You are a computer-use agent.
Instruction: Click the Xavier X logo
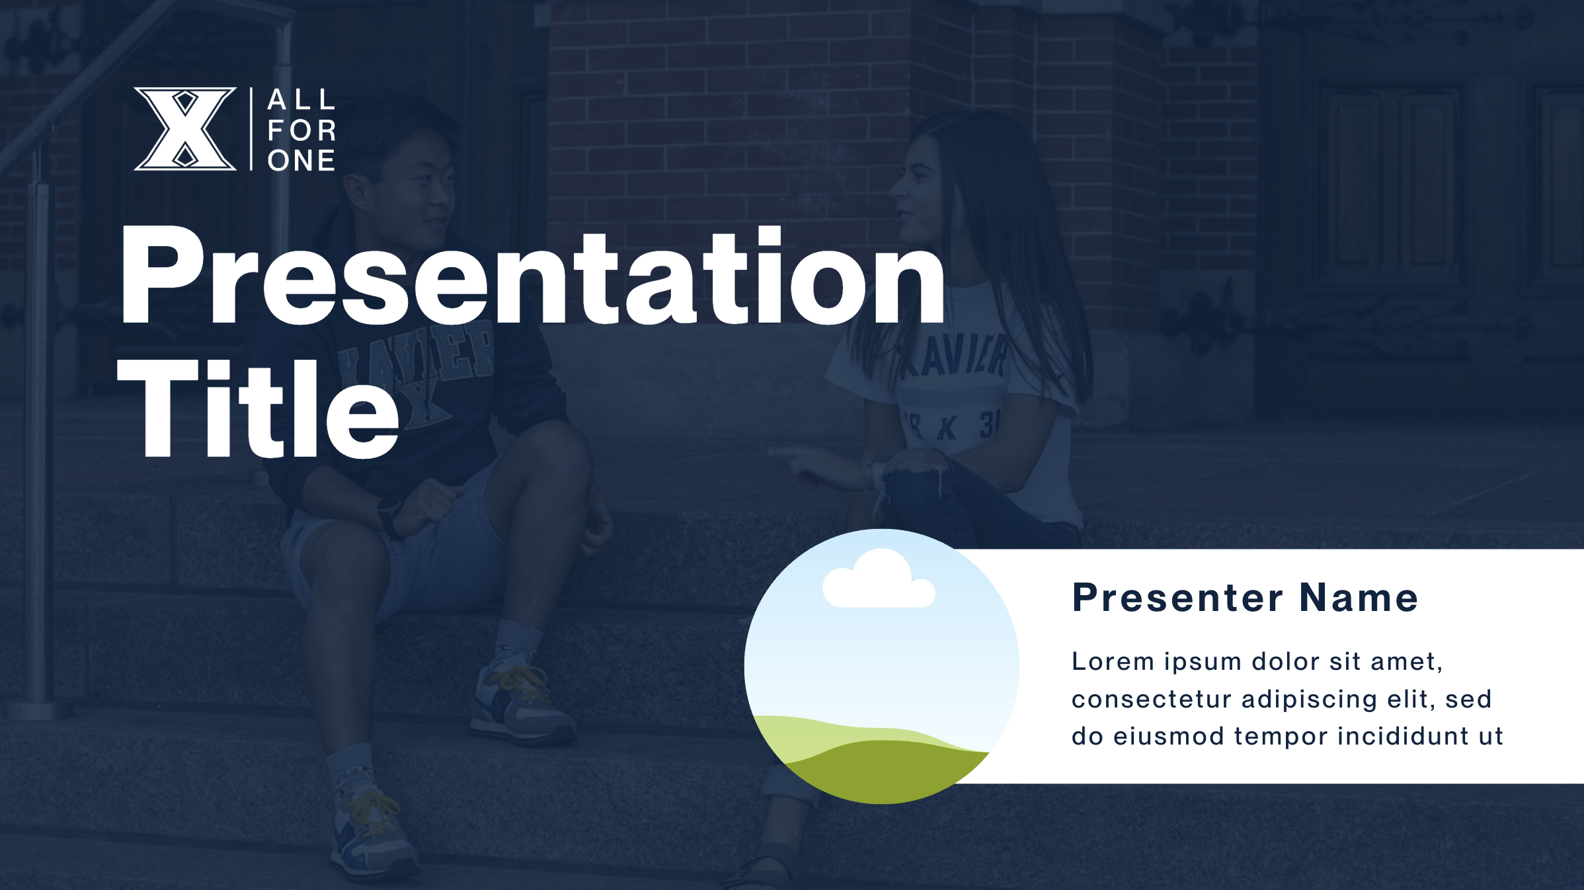(185, 129)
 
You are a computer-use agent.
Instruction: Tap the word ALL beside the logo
(301, 101)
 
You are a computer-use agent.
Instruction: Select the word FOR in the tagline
(301, 131)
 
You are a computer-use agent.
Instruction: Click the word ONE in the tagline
(301, 161)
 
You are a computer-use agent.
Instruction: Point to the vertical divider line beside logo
(251, 129)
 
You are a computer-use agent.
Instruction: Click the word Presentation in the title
(532, 278)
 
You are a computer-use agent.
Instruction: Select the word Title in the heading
(258, 410)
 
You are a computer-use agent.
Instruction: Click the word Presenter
(1177, 598)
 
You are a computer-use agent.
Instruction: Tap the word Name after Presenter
(1359, 598)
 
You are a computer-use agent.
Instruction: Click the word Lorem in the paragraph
(1113, 662)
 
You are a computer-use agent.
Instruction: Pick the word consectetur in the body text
(1151, 700)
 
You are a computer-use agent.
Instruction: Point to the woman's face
(919, 198)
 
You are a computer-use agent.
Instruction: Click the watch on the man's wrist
(391, 516)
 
